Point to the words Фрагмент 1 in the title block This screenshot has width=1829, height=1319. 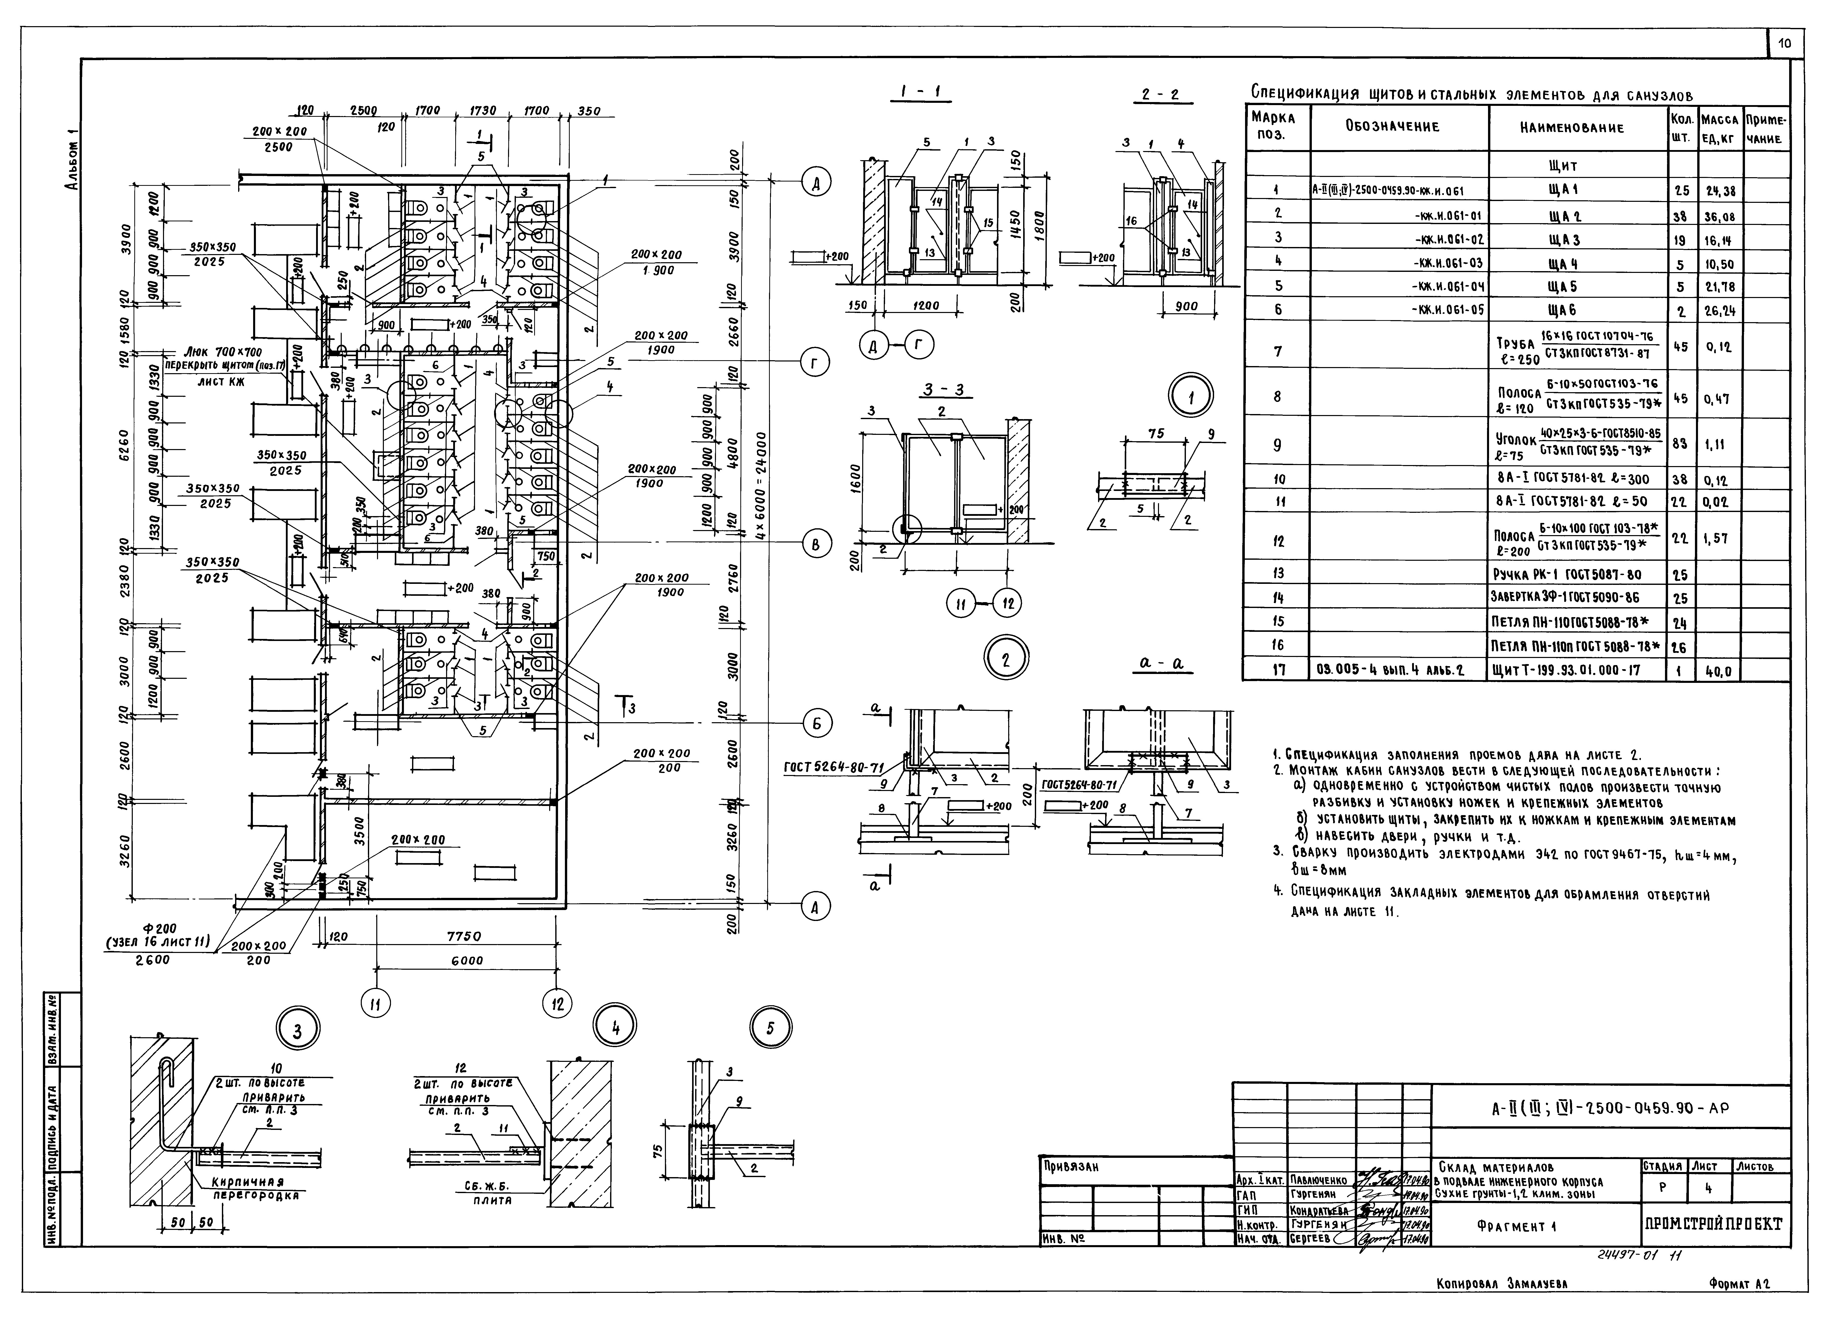tap(1516, 1226)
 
